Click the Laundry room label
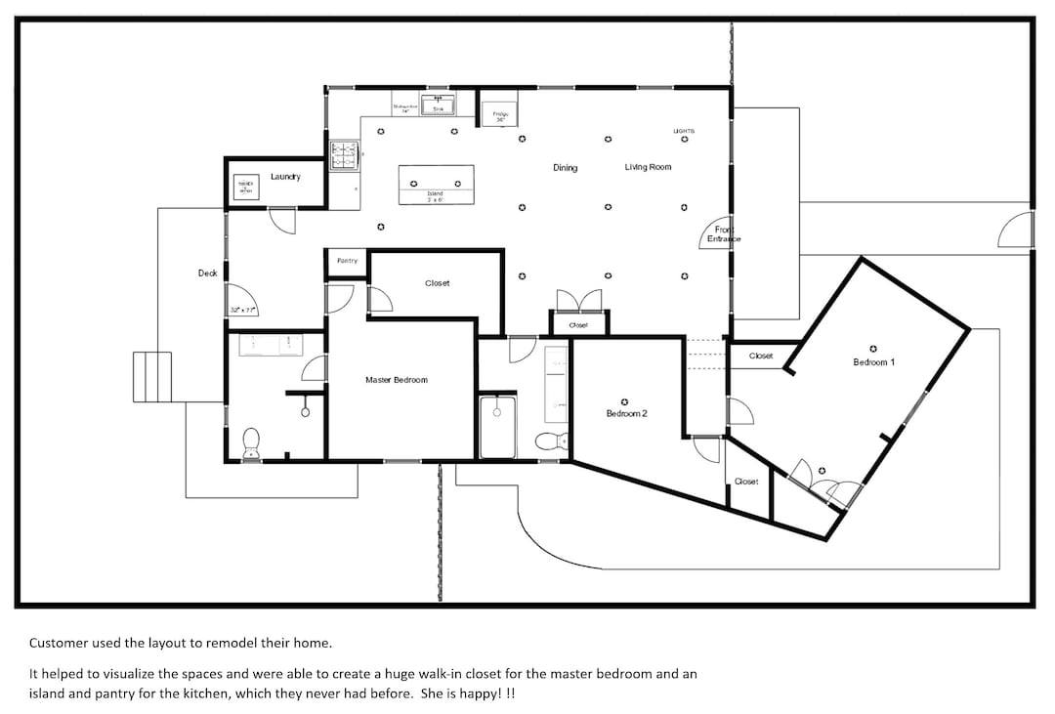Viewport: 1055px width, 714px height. pos(285,177)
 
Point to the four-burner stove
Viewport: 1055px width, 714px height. pos(345,155)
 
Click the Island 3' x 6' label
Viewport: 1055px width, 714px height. pos(436,196)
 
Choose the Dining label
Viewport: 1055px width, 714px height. pos(565,168)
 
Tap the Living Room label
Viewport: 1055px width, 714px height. pos(648,168)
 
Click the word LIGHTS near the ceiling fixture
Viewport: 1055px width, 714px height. pos(684,130)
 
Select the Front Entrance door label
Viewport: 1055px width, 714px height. pos(724,234)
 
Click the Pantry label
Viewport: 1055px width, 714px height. pos(347,261)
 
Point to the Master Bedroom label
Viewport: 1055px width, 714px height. pos(396,380)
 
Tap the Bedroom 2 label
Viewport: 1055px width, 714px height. pos(626,413)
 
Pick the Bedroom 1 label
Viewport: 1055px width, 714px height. pos(873,362)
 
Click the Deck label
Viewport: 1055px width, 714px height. pos(207,273)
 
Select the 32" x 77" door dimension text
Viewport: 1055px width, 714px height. pos(242,310)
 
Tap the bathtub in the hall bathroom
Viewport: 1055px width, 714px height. pos(497,426)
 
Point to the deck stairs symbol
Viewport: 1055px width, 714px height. pos(151,376)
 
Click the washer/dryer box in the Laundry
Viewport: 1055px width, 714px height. pos(245,187)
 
